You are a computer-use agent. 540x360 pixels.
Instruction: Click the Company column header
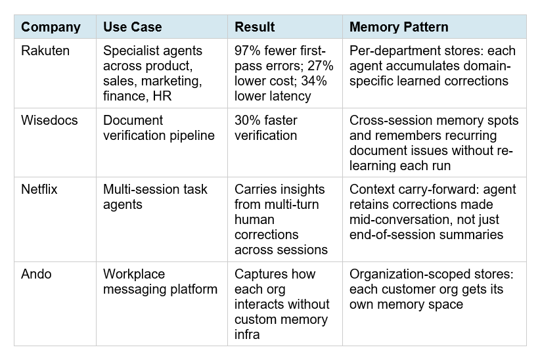coord(51,27)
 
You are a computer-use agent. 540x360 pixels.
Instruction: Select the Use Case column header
coord(132,27)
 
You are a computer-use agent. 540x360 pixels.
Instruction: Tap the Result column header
coord(254,27)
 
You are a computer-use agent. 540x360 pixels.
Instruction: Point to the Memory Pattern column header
coord(399,27)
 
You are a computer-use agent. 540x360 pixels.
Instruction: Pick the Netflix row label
coord(39,189)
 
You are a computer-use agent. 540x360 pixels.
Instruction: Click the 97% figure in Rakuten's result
coord(248,51)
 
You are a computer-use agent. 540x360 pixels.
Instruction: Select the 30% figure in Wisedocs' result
coord(248,120)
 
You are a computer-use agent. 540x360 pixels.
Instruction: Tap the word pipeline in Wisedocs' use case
coord(192,135)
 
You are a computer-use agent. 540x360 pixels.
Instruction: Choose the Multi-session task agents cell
coord(155,196)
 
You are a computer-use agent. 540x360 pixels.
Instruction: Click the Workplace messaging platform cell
coord(160,281)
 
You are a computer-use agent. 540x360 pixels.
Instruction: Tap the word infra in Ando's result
coord(248,334)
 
